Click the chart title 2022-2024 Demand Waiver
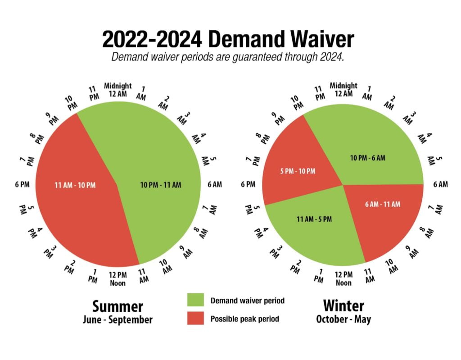click(228, 39)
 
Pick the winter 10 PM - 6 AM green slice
click(367, 158)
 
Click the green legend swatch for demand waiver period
click(194, 301)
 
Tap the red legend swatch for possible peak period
click(194, 319)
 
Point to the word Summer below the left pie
click(118, 306)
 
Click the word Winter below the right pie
click(343, 306)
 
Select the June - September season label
click(118, 320)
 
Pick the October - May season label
click(343, 319)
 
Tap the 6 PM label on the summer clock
click(23, 184)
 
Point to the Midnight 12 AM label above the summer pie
click(118, 90)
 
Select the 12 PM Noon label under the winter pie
click(343, 278)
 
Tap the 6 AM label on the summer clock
click(214, 184)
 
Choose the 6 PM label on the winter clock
click(248, 184)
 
